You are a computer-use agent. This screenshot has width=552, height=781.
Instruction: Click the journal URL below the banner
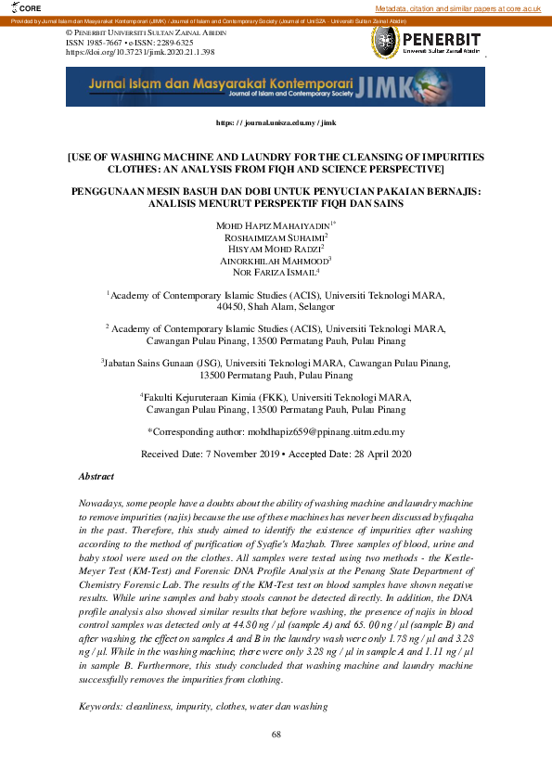pyautogui.click(x=276, y=122)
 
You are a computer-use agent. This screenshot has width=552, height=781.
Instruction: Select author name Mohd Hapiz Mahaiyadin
pyautogui.click(x=272, y=225)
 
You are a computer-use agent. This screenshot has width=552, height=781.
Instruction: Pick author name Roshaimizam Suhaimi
pyautogui.click(x=275, y=237)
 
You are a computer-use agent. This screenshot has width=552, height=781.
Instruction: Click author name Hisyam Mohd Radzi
pyautogui.click(x=275, y=250)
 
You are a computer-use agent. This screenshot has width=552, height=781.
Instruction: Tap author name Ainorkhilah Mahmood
pyautogui.click(x=275, y=261)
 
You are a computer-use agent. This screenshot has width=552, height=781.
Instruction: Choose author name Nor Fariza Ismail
pyautogui.click(x=275, y=273)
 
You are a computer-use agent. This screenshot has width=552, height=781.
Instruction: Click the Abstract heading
pyautogui.click(x=96, y=476)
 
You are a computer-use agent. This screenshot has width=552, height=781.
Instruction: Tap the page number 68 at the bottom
pyautogui.click(x=276, y=735)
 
